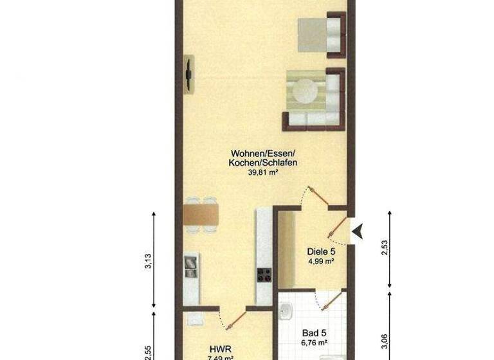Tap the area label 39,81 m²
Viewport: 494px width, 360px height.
tap(262, 172)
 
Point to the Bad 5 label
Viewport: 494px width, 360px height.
tap(315, 334)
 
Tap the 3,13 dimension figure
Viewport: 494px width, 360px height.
tap(148, 261)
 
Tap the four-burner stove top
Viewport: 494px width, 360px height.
tap(264, 275)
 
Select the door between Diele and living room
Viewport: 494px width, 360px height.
tap(320, 197)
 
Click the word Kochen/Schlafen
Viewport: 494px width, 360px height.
tap(262, 163)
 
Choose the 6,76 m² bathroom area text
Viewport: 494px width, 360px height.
tap(315, 344)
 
